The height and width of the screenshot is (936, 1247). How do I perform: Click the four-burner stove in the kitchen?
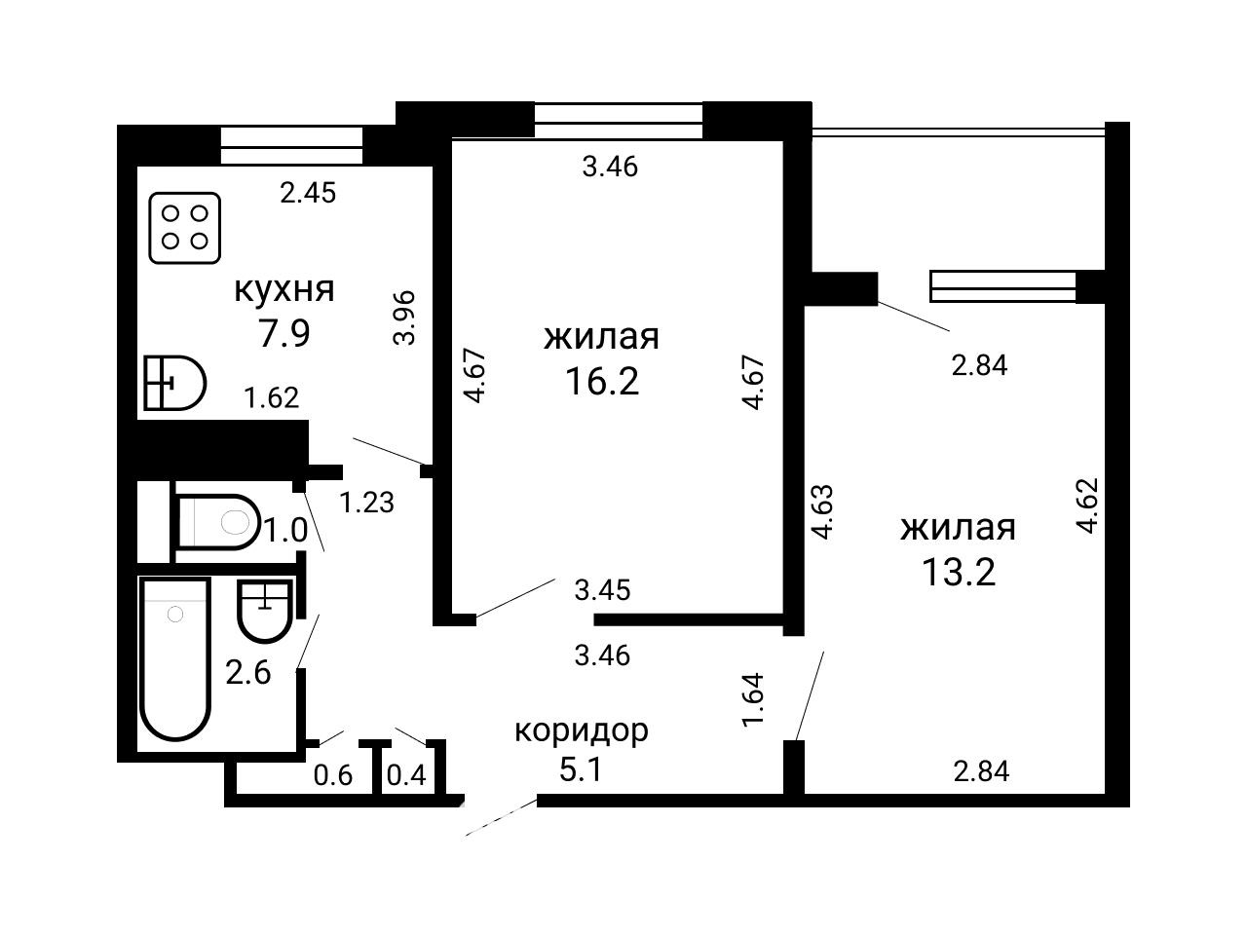point(185,228)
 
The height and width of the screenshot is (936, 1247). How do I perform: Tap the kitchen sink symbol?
point(174,383)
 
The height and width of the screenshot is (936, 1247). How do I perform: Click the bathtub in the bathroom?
point(175,658)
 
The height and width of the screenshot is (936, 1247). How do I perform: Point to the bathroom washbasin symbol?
point(265,611)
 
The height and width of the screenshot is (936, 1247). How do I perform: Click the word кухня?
point(284,289)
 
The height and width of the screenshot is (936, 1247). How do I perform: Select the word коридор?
point(582,730)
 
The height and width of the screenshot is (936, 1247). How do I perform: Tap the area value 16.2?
point(602,381)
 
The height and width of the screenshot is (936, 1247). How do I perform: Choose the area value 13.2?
point(959,571)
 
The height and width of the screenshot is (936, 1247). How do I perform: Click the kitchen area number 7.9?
point(284,333)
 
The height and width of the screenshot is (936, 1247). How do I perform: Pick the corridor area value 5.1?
point(580,770)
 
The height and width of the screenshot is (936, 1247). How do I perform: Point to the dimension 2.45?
point(308,193)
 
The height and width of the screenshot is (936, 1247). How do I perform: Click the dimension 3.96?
point(404,318)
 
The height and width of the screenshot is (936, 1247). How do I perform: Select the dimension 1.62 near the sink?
point(271,397)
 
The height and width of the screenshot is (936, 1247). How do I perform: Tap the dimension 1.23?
point(366,502)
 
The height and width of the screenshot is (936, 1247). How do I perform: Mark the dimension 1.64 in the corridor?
point(753,699)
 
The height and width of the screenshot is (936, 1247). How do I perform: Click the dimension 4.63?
point(822,511)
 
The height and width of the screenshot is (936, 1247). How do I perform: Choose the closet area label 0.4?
point(406,774)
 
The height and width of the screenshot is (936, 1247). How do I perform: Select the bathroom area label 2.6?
point(248,673)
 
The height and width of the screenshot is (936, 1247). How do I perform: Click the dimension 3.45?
point(602,590)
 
